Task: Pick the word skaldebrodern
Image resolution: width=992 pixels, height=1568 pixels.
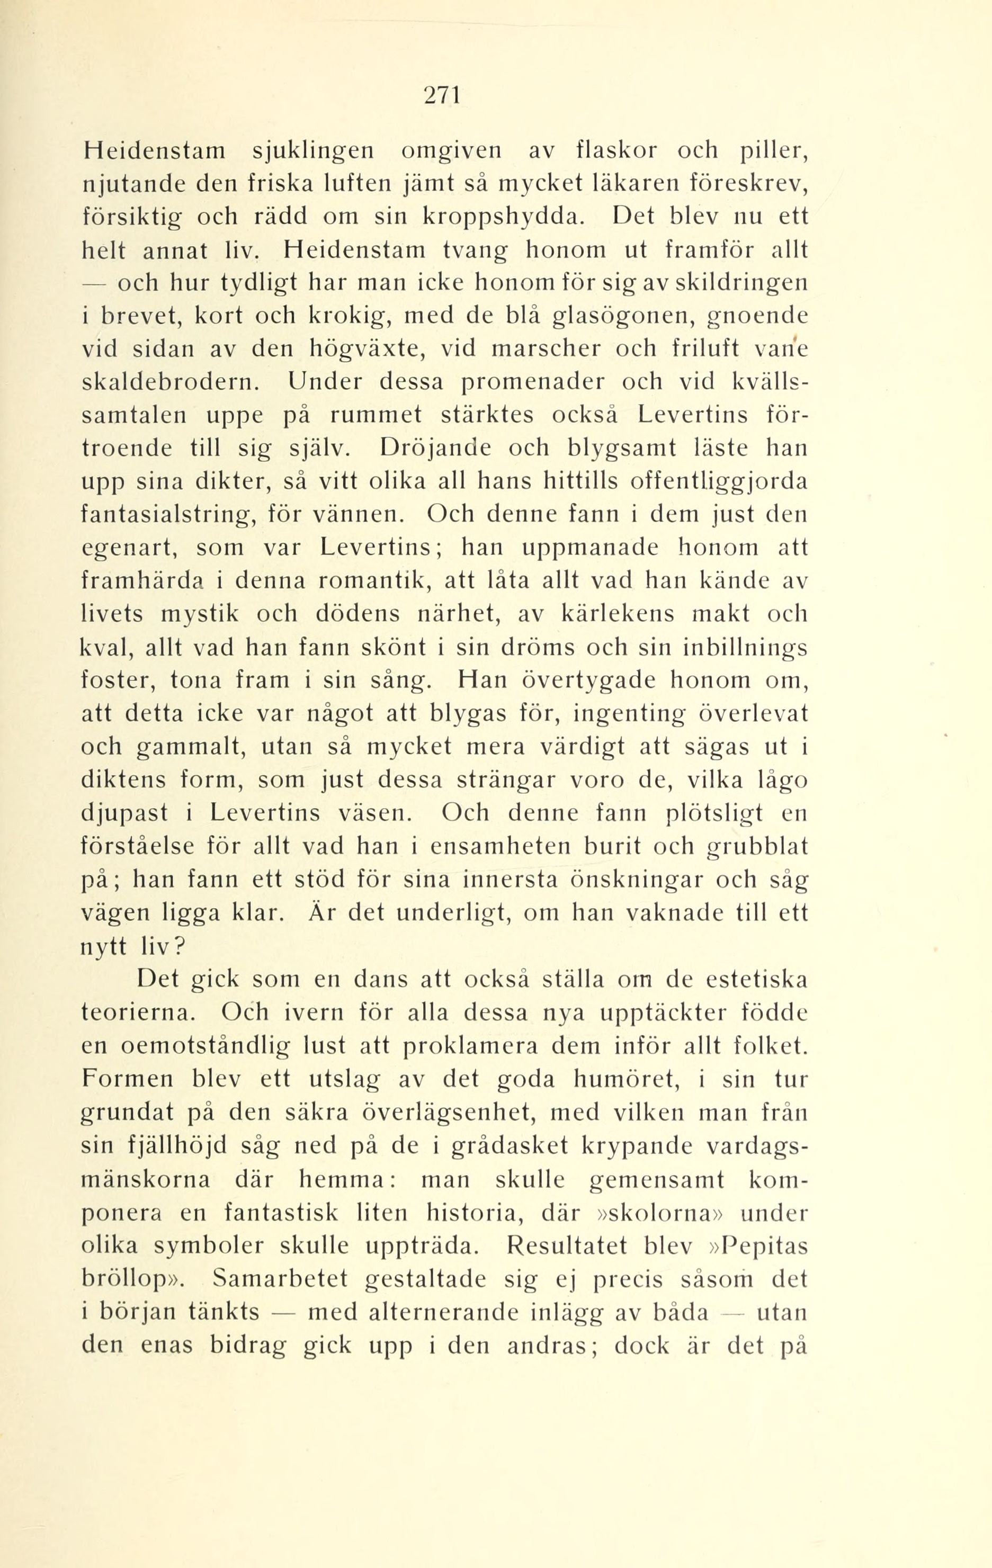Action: tap(171, 382)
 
